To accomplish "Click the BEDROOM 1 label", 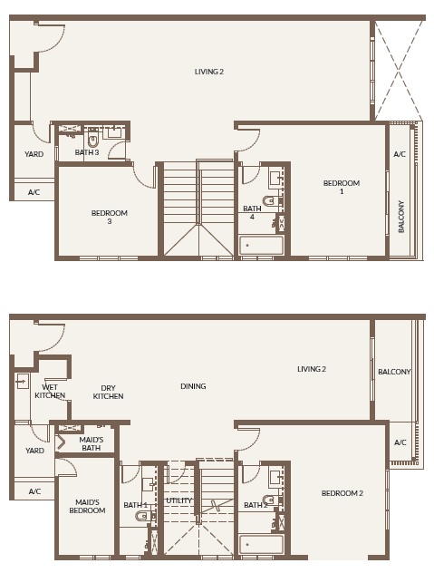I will pyautogui.click(x=342, y=187).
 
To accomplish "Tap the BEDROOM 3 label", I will pyautogui.click(x=109, y=217).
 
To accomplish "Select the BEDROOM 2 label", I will pyautogui.click(x=342, y=493).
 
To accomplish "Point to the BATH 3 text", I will pyautogui.click(x=87, y=152).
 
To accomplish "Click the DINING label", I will pyautogui.click(x=193, y=386).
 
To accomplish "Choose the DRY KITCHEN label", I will pyautogui.click(x=108, y=392).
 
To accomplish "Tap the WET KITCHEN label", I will pyautogui.click(x=50, y=392).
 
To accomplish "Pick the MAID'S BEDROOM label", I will pyautogui.click(x=87, y=506).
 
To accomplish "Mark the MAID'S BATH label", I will pyautogui.click(x=91, y=444).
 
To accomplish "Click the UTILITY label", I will pyautogui.click(x=178, y=500).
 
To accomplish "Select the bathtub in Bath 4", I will pyautogui.click(x=261, y=245).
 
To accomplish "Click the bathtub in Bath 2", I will pyautogui.click(x=262, y=544).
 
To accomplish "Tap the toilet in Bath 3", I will pyautogui.click(x=92, y=141).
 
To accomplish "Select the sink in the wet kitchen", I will pyautogui.click(x=22, y=382).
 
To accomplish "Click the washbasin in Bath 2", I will pyautogui.click(x=275, y=476).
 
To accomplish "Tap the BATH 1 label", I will pyautogui.click(x=135, y=505).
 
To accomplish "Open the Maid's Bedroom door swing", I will pyautogui.click(x=67, y=467).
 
